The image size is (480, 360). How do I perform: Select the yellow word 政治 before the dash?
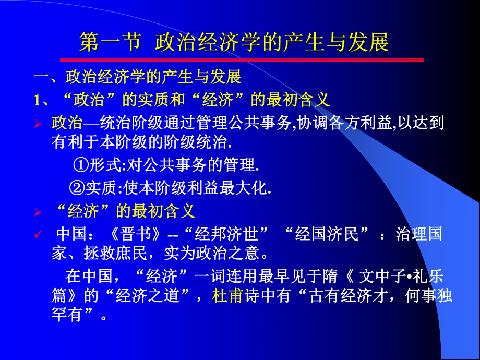[x=67, y=124]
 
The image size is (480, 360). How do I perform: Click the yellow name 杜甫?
[x=228, y=296]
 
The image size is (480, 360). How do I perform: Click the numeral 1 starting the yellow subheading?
[x=37, y=100]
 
